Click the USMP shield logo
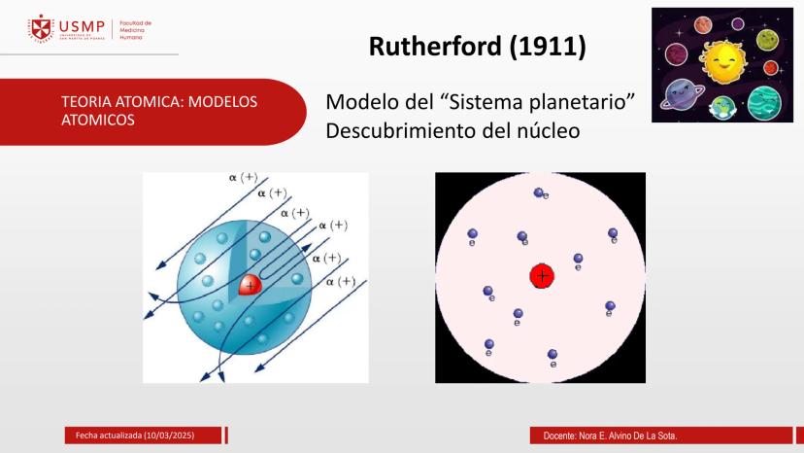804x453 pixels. point(41,29)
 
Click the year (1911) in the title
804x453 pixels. point(548,47)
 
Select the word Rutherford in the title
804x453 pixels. point(435,47)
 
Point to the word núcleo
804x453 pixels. point(548,131)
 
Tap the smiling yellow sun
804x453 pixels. point(723,61)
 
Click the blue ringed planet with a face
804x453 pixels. point(682,95)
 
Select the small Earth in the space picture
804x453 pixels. point(722,107)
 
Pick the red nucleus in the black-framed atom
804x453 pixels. point(542,276)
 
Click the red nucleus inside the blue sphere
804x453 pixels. point(251,285)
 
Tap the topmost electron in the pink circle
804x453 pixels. point(538,192)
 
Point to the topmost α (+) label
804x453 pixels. point(243,177)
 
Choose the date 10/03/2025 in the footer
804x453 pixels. point(169,436)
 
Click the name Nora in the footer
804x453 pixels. point(587,436)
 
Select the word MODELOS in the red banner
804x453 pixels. point(222,102)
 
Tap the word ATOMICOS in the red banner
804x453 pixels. point(98,121)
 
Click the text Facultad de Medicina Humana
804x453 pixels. point(135,30)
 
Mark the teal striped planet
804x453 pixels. point(764,103)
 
